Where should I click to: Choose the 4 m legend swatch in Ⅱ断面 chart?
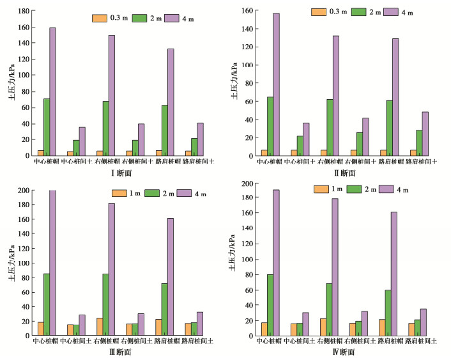[x=391, y=12]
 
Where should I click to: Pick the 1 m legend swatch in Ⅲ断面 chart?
[x=119, y=193]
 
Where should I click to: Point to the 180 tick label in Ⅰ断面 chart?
[x=24, y=12]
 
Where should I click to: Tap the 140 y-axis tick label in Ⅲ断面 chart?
[x=24, y=233]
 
